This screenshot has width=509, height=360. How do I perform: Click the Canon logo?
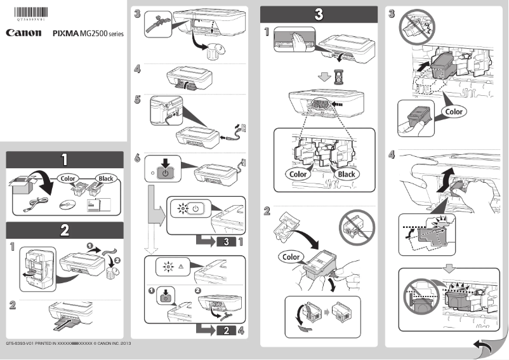coord(24,32)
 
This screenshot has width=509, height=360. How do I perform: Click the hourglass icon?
coord(337,76)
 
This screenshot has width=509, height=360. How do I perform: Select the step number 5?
coord(137,100)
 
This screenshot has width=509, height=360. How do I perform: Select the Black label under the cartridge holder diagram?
coord(346,174)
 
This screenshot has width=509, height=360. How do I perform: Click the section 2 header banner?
coord(64,230)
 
